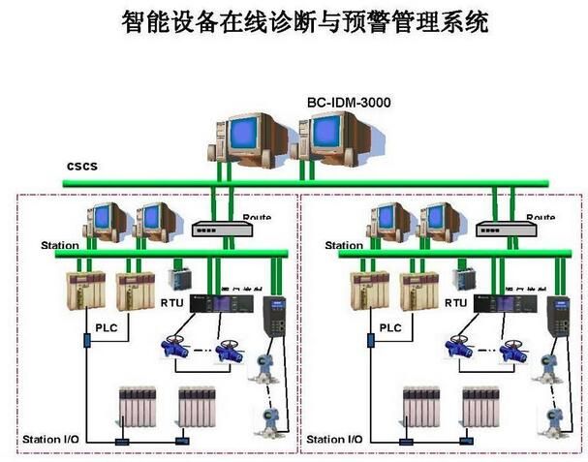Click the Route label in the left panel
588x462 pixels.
pyautogui.click(x=257, y=218)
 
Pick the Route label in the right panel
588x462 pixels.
pyautogui.click(x=541, y=218)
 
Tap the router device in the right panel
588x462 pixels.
pyautogui.click(x=504, y=230)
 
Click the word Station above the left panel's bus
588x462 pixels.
pyautogui.click(x=60, y=246)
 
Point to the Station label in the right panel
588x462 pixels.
pyautogui.click(x=345, y=246)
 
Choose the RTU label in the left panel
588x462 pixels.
pyautogui.click(x=171, y=302)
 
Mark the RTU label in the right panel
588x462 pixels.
pyautogui.click(x=456, y=302)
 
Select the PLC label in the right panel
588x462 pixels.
pyautogui.click(x=389, y=328)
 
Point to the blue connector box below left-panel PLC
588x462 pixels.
pyautogui.click(x=85, y=341)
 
